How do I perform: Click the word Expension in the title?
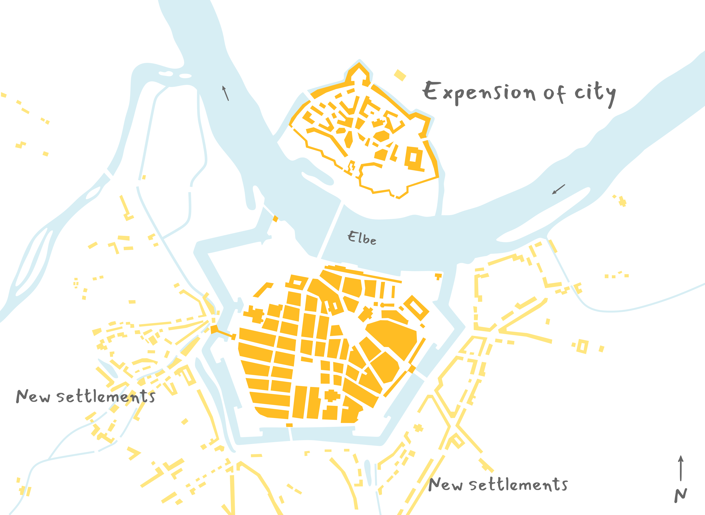click(x=479, y=92)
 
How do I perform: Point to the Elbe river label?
click(x=362, y=238)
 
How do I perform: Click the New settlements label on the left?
click(x=86, y=397)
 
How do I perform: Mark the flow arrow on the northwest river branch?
click(x=225, y=93)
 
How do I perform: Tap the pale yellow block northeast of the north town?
click(x=400, y=75)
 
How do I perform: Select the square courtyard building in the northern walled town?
click(x=414, y=158)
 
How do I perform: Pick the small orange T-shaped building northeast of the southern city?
click(x=438, y=276)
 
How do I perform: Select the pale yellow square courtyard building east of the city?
click(x=582, y=346)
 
